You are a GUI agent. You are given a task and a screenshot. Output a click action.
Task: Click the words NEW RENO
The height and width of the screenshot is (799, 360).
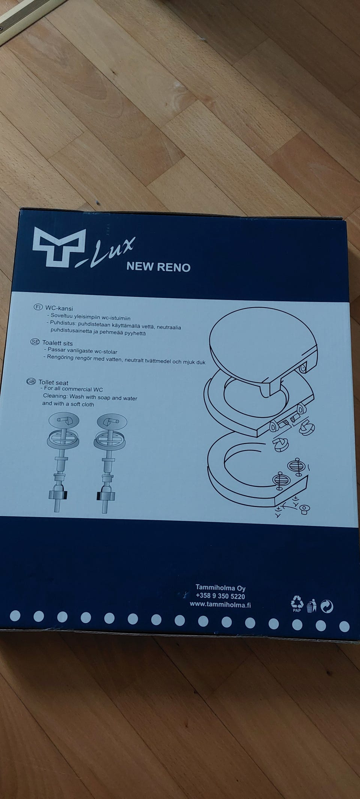(x=158, y=267)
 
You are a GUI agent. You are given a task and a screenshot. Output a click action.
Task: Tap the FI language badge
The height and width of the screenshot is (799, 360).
(x=38, y=307)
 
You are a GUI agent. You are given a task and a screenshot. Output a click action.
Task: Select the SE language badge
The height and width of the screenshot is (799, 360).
(x=35, y=342)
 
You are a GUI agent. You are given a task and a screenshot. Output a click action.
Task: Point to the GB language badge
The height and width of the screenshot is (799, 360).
(x=31, y=381)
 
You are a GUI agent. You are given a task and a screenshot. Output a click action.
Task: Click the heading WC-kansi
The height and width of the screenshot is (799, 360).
(x=59, y=308)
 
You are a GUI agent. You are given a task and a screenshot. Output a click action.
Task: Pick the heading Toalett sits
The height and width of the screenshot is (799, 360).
(x=57, y=343)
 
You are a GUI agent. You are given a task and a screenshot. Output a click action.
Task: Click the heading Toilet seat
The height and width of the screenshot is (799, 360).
(x=53, y=383)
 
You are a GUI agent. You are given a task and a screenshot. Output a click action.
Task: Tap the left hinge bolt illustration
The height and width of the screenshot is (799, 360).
(x=63, y=461)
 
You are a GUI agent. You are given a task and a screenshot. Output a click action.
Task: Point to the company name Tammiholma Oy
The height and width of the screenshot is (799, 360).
(x=220, y=588)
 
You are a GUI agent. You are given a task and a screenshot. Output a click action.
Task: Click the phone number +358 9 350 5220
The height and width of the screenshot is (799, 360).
(x=220, y=596)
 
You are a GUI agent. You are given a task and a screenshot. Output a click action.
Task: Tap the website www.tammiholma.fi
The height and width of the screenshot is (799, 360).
(x=220, y=604)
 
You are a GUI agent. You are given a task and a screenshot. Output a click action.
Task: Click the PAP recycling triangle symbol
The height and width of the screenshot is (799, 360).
(x=297, y=604)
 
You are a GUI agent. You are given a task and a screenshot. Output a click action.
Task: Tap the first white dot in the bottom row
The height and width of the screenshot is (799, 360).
(x=15, y=616)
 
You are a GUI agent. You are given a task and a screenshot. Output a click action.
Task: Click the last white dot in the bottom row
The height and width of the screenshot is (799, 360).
(x=344, y=626)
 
